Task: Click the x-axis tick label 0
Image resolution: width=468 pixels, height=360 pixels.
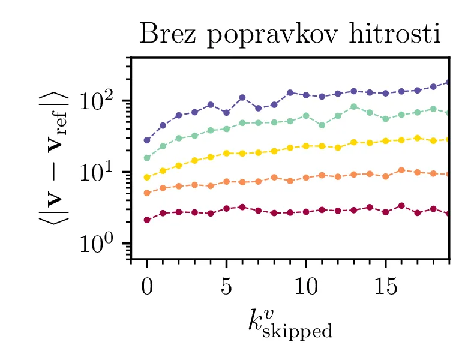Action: coord(147,286)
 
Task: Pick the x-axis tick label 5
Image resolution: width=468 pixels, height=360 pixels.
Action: coord(226,286)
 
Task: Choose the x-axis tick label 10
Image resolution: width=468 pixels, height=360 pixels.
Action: coord(306,286)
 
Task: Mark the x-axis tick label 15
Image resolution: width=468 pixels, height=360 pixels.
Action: coord(385,286)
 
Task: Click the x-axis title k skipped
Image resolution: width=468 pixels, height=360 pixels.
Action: coord(290,322)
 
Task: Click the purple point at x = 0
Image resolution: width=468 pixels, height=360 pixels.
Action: coord(147,140)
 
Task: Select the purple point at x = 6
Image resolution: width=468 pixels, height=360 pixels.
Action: coord(242,97)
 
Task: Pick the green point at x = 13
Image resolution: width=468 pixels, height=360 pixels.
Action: coord(353,107)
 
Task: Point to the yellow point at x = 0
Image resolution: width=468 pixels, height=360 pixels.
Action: coord(147,177)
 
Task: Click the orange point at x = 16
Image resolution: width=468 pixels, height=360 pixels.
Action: coord(401,170)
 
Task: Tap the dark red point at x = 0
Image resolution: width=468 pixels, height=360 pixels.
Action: coord(147,220)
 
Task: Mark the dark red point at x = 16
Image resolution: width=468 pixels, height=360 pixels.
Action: coord(401,206)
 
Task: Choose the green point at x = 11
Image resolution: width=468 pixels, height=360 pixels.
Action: coord(322,125)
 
